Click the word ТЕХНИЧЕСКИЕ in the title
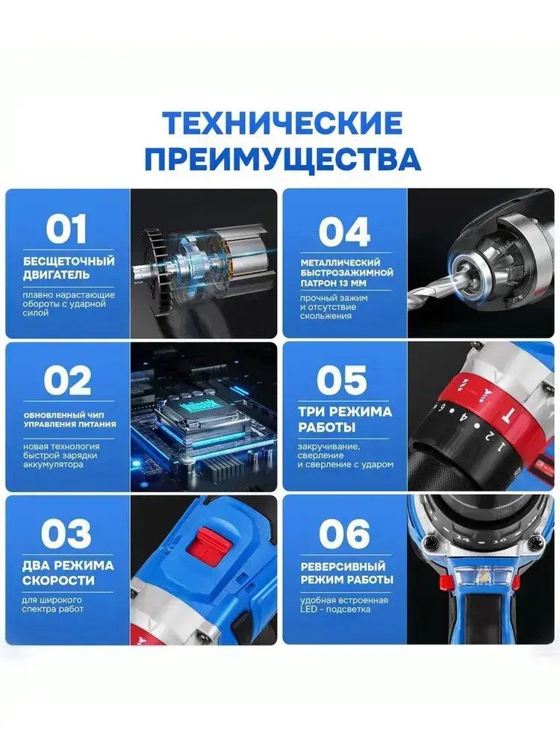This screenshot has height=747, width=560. (283, 123)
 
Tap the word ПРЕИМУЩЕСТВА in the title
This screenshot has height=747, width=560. (283, 159)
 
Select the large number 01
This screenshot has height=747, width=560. (66, 229)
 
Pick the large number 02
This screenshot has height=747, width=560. (67, 380)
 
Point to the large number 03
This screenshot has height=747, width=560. (66, 533)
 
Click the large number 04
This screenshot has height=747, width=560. (344, 231)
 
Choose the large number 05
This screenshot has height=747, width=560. (342, 380)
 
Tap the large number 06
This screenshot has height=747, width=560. (344, 533)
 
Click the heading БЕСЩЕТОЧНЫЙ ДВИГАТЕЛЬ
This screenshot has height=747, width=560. (69, 267)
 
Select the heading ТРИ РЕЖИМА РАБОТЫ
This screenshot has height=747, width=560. (345, 419)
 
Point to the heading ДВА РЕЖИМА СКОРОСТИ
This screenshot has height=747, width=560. (68, 573)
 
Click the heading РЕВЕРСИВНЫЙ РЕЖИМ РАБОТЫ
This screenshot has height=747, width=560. (346, 573)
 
